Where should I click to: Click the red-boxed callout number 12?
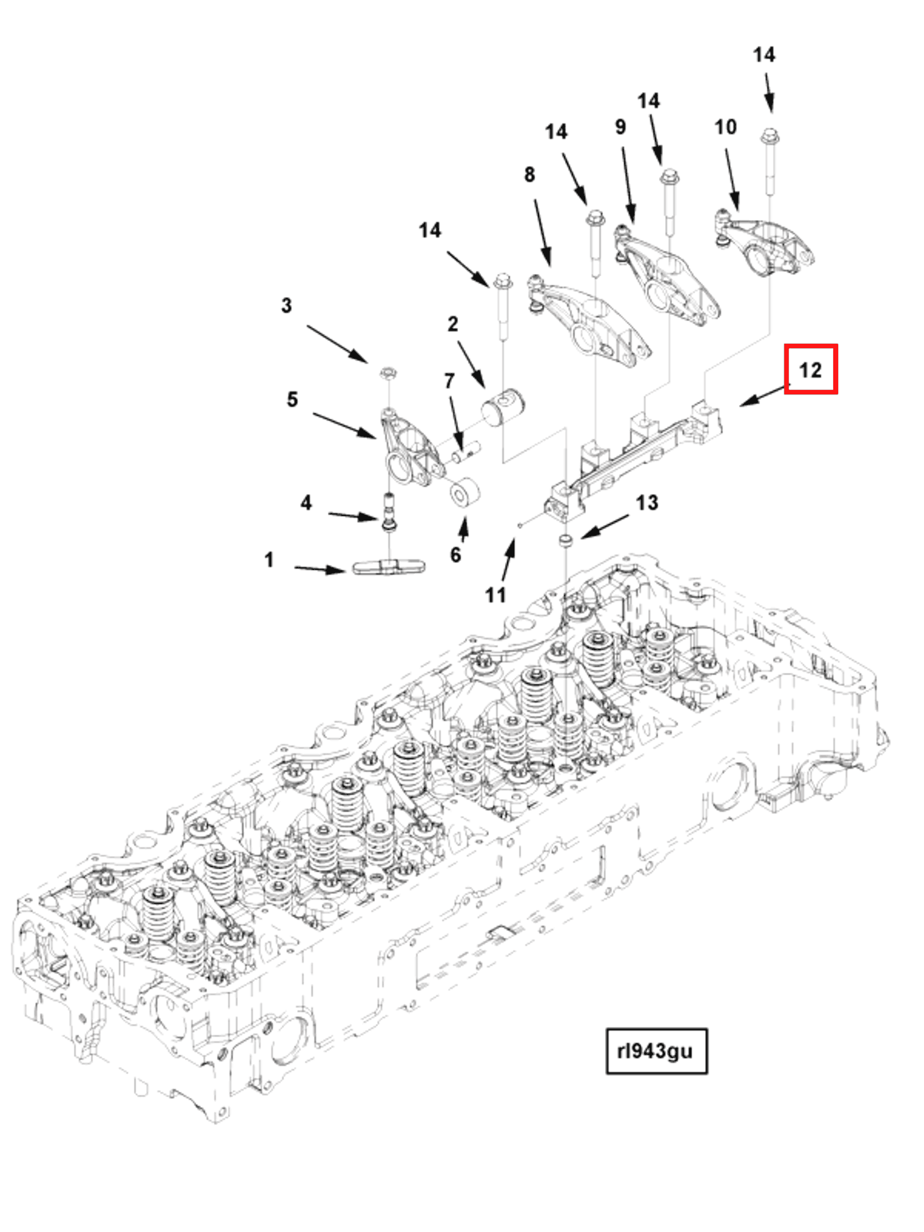[x=810, y=370]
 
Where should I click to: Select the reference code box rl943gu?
[x=656, y=1051]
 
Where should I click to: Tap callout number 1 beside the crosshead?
[x=269, y=559]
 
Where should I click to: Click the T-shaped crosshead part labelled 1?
[x=388, y=568]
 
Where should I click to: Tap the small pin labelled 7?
[x=466, y=451]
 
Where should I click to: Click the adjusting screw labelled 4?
[x=389, y=512]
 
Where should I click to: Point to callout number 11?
[x=495, y=595]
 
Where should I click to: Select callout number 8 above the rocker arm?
[x=529, y=175]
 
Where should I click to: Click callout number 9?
[x=620, y=127]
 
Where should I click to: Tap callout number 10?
[x=725, y=127]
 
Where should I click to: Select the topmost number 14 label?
[x=763, y=54]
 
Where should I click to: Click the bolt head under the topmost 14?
[x=769, y=135]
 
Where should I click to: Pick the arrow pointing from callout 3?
[x=337, y=344]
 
